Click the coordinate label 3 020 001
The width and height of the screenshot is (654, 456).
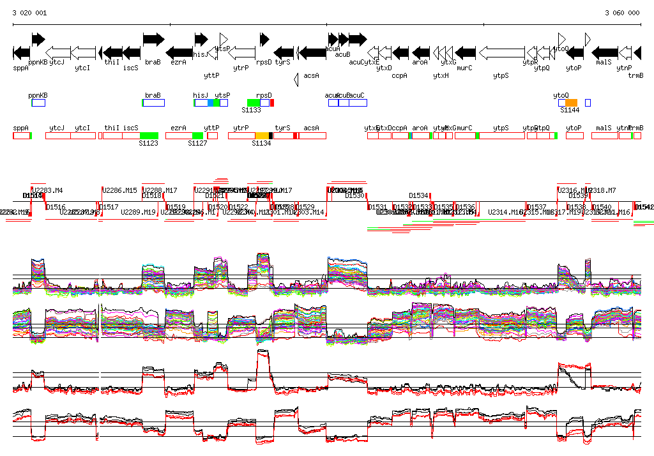(x=29, y=13)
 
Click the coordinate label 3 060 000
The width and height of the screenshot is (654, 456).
(x=622, y=13)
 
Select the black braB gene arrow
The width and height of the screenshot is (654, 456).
(x=153, y=40)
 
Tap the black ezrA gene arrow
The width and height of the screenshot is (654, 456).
(x=179, y=52)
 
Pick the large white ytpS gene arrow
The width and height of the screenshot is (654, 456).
(x=501, y=52)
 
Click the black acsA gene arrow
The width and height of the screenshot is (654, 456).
(x=312, y=52)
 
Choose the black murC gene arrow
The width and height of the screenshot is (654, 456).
(x=466, y=52)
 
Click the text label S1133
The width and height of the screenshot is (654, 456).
(x=251, y=110)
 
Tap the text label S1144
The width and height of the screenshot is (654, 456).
(x=570, y=110)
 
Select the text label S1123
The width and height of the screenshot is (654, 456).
(x=148, y=143)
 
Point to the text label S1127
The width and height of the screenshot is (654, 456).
(x=197, y=143)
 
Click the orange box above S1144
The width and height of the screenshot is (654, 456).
(x=571, y=102)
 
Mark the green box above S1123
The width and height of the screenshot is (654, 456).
(x=149, y=135)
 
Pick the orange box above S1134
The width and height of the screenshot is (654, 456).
(x=262, y=135)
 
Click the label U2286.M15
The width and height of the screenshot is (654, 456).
(x=120, y=190)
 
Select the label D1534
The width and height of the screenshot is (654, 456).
(x=418, y=195)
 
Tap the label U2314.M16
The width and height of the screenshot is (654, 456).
(x=506, y=212)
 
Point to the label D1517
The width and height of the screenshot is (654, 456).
(x=109, y=207)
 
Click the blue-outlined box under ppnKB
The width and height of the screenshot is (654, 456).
(x=38, y=102)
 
